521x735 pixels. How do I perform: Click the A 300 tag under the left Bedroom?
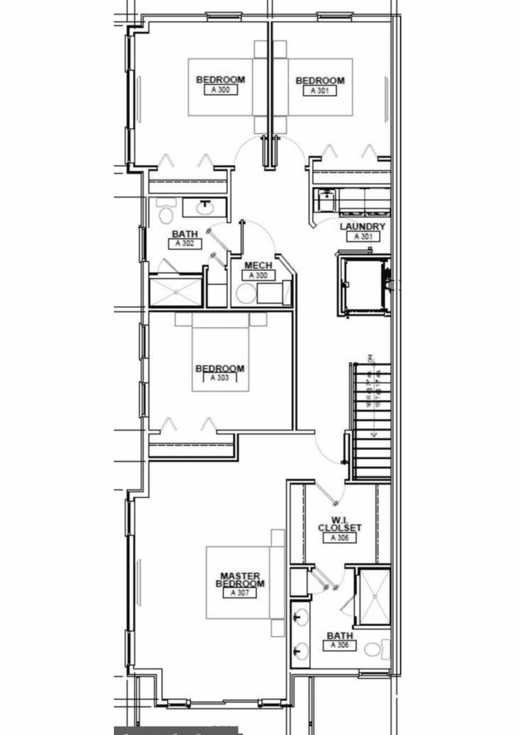pos(220,90)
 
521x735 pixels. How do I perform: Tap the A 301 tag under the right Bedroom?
pos(320,91)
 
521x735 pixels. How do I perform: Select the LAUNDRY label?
pos(362,227)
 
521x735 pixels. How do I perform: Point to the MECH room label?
pos(258,265)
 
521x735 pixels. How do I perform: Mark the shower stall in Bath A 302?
pos(176,292)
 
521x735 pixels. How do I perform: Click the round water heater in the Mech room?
pos(244,293)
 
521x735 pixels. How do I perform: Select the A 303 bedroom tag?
pos(220,378)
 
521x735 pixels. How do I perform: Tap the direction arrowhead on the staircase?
pos(374,434)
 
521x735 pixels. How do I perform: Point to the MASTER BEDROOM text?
pos(240,579)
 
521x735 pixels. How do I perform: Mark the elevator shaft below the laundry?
pos(363,284)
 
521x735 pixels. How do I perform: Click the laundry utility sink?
pos(326,200)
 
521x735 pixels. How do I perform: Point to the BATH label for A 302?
pos(184,234)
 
